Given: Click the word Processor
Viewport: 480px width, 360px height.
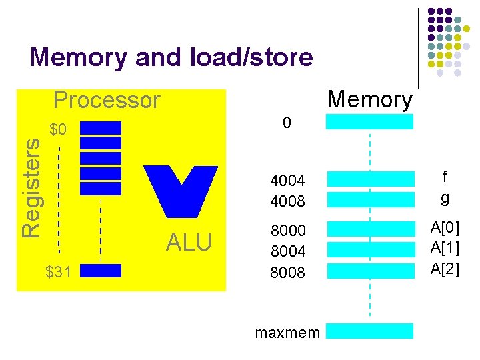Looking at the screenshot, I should [107, 100].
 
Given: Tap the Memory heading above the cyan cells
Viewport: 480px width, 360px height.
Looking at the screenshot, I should [371, 99].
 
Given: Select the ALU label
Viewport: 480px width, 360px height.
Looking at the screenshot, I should [189, 243].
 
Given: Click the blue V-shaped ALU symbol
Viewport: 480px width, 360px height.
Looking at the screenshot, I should [181, 191].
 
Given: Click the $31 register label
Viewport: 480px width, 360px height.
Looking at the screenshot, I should [59, 271].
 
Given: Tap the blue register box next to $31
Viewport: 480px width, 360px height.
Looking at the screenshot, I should [100, 271].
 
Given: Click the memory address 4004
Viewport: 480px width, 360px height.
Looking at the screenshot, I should [287, 181].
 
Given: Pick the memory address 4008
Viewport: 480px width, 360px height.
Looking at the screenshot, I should [287, 199].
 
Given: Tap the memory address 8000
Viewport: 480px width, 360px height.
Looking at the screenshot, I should [287, 230].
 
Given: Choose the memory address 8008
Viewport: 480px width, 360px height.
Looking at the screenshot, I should [287, 272].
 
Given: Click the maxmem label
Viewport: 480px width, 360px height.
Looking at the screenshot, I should [288, 332].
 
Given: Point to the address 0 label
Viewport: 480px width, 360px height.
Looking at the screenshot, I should [287, 123].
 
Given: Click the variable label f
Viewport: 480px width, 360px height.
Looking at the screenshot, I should [445, 177].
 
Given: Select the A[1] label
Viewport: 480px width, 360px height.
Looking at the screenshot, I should [445, 248].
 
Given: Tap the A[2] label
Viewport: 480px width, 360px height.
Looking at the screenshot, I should [445, 269].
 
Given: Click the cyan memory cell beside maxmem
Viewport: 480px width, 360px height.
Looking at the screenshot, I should [369, 331].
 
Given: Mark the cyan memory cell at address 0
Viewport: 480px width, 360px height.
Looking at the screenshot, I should [369, 121].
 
